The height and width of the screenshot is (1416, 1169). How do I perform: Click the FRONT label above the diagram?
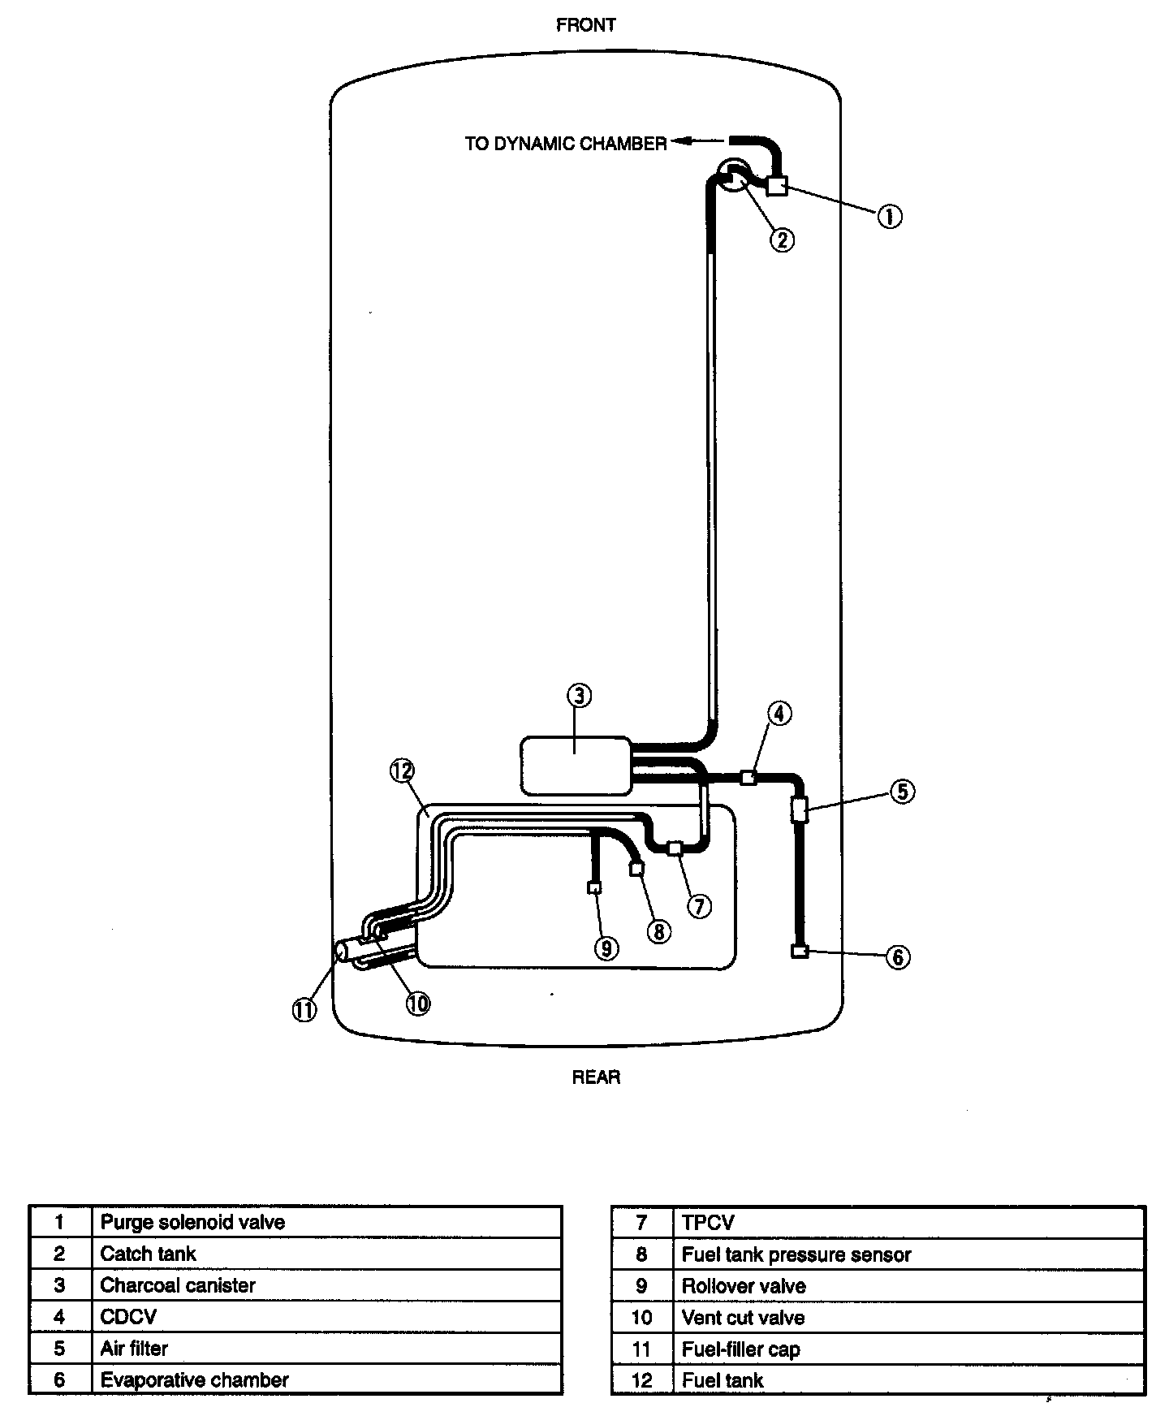click(585, 25)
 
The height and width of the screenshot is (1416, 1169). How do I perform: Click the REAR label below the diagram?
click(596, 1077)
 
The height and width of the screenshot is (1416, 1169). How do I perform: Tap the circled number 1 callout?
click(890, 216)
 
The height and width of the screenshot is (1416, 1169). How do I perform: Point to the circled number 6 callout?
click(897, 957)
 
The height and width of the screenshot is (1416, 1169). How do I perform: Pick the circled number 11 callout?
click(304, 1010)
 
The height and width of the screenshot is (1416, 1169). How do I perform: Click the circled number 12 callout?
click(402, 771)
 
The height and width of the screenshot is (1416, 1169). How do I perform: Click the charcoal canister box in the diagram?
click(575, 765)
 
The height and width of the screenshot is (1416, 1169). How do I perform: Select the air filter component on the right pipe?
click(799, 809)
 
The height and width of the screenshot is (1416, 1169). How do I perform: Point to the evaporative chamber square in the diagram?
click(800, 951)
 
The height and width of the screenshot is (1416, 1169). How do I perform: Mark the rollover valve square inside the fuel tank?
click(594, 887)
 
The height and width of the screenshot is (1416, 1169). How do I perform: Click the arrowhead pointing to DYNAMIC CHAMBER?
click(680, 141)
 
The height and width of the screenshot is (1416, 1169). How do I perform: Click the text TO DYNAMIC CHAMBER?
click(565, 144)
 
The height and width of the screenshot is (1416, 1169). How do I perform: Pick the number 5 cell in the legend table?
click(60, 1349)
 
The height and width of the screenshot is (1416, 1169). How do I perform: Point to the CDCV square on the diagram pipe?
click(748, 778)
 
